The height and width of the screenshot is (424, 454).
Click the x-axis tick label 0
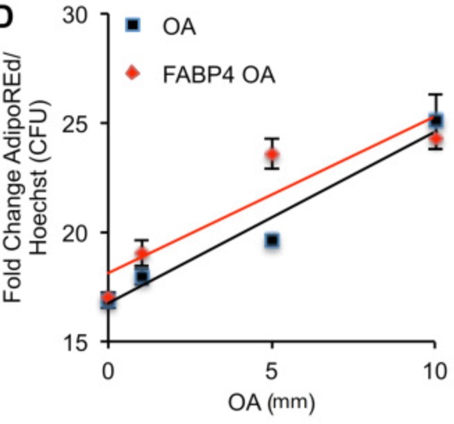pos(108,370)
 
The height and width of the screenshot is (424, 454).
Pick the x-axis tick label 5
pos(272,370)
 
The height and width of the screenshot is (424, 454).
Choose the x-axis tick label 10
pos(434,370)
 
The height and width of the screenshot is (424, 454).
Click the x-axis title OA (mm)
pos(271,402)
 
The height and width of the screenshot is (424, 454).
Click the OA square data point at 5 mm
pos(272,240)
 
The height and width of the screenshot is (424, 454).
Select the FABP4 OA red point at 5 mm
pos(272,154)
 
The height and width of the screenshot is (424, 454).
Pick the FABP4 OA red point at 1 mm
pos(141,253)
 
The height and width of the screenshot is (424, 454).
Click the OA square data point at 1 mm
pos(142,276)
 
